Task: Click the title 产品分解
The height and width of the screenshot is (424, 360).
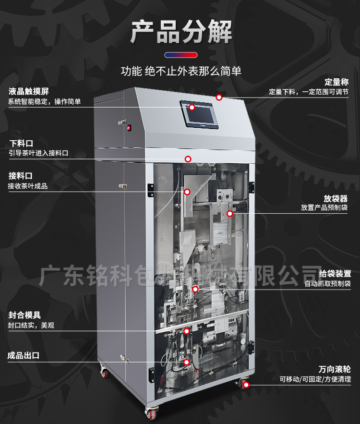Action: click(x=181, y=32)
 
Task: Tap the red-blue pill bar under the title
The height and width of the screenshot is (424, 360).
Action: click(x=181, y=55)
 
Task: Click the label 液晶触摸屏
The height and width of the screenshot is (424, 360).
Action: click(x=29, y=91)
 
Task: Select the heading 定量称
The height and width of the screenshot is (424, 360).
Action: click(x=336, y=82)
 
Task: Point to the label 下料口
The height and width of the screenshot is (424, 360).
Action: click(x=21, y=143)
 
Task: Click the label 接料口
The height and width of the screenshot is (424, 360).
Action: click(x=21, y=176)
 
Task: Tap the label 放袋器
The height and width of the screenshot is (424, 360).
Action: click(x=336, y=199)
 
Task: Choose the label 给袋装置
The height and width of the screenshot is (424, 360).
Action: click(x=335, y=274)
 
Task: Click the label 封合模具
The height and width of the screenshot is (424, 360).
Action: click(x=24, y=315)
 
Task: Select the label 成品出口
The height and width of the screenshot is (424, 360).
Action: click(x=24, y=355)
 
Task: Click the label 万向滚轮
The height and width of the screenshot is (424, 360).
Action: click(x=335, y=369)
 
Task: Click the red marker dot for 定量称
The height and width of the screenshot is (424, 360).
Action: click(x=219, y=97)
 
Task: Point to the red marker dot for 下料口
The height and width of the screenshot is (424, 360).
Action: click(x=188, y=159)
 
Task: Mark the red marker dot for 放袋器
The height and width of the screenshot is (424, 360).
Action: click(x=230, y=214)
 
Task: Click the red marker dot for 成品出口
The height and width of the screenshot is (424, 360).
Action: click(x=187, y=362)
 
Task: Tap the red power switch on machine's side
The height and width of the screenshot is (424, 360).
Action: click(x=130, y=128)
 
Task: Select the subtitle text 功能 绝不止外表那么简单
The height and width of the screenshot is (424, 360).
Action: click(x=181, y=71)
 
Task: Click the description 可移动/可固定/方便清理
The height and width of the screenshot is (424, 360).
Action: click(x=315, y=379)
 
